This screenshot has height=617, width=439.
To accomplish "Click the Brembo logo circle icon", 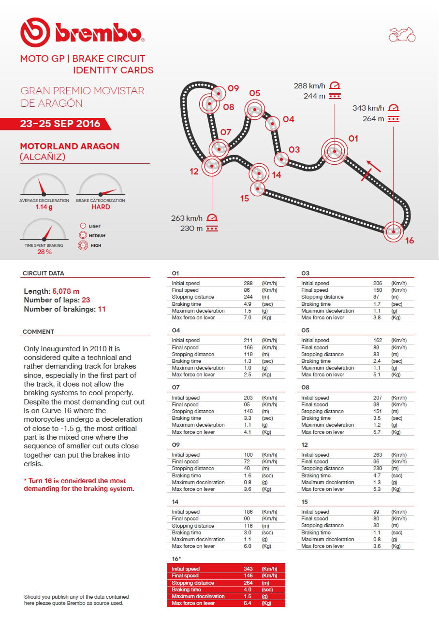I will click(x=35, y=32).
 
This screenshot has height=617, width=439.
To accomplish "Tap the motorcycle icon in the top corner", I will click(x=402, y=34).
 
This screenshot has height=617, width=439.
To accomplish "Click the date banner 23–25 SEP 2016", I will click(x=60, y=124).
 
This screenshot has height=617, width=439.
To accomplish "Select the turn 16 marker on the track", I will click(x=394, y=231).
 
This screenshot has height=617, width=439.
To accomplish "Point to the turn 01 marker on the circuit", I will click(x=334, y=152).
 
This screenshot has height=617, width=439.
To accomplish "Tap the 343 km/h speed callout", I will click(x=368, y=108).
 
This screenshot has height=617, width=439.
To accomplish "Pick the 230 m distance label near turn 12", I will click(x=191, y=229).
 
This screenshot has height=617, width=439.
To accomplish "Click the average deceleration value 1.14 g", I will click(x=44, y=207).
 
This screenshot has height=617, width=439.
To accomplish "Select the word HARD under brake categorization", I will click(x=101, y=207).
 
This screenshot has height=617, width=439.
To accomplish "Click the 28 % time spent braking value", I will click(x=44, y=252).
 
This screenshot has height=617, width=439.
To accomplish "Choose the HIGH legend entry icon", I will click(x=83, y=245).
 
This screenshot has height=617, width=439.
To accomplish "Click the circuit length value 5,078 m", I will click(x=66, y=291).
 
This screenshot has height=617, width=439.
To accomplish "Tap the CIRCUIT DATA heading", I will click(x=43, y=273).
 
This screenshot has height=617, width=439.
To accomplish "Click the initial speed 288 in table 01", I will click(x=249, y=283).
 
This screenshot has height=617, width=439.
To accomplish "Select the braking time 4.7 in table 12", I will click(x=378, y=475).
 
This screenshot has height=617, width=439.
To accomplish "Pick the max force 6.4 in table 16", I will click(x=249, y=603).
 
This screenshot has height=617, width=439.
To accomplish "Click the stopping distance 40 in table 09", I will click(x=247, y=469).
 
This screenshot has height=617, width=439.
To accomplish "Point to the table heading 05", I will click(x=305, y=330).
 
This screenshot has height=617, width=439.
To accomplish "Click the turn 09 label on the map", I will click(x=234, y=88).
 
